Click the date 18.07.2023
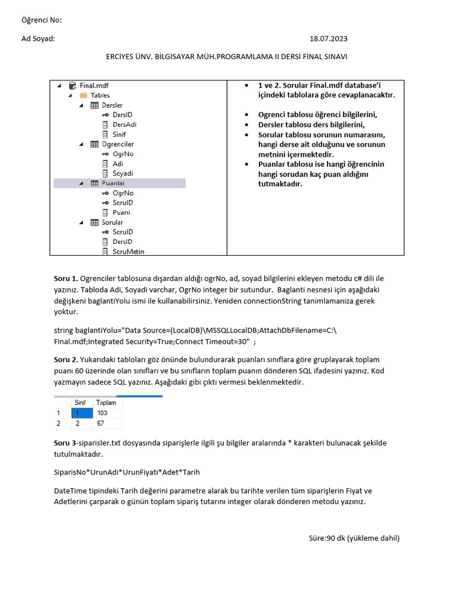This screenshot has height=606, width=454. [x=328, y=38]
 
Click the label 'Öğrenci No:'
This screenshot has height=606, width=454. [x=41, y=21]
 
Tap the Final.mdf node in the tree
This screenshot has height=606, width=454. [x=94, y=85]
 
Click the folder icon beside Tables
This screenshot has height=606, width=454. [x=83, y=95]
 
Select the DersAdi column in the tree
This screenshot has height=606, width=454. [x=124, y=124]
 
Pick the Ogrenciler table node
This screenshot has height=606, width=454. [x=118, y=144]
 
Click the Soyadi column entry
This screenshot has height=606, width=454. [x=122, y=173]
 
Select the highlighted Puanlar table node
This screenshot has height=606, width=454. [x=113, y=183]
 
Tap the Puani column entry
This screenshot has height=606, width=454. [x=121, y=212]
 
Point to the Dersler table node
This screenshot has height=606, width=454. [x=112, y=105]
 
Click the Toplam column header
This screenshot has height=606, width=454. [x=106, y=402]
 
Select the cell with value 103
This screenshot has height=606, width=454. [x=102, y=413]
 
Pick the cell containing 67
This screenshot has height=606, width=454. [x=100, y=424]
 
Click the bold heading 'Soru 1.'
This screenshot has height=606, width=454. [x=66, y=278]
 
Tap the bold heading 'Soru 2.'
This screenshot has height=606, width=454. [x=66, y=360]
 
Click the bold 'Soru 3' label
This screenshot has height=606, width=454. [x=65, y=443]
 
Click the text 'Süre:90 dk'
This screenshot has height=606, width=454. [x=327, y=538]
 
